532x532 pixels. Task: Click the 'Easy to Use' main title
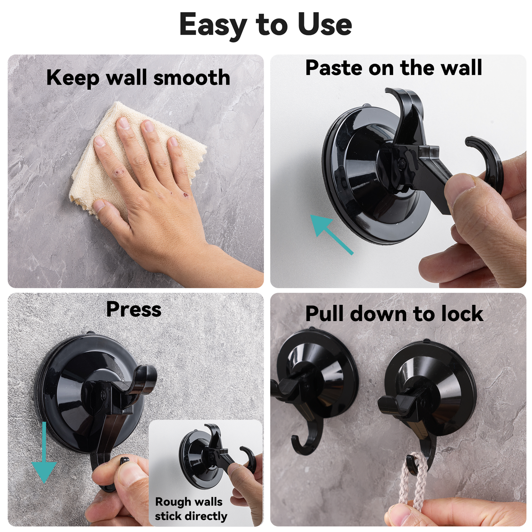coord(265,25)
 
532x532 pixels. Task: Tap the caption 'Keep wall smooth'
coord(138,78)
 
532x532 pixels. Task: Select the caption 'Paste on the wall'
coord(394,68)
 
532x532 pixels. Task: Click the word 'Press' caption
coord(134,309)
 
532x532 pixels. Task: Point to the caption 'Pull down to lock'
coord(394,314)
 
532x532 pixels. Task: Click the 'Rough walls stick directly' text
coord(190,509)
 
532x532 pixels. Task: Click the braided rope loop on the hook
coord(415,479)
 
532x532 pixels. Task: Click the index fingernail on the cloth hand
coord(123,123)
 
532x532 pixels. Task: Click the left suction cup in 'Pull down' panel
coord(317,372)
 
